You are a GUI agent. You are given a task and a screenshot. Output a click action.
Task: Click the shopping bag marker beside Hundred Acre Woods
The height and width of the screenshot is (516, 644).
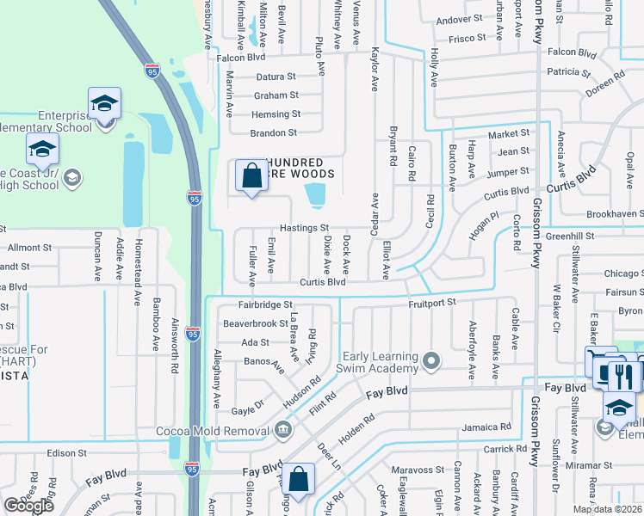(251, 176)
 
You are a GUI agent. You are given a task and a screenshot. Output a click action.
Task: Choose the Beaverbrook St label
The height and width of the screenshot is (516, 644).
(255, 323)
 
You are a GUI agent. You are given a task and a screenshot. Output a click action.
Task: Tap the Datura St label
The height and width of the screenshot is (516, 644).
(276, 77)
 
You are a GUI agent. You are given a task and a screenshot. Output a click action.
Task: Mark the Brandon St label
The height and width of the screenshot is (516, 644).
(273, 132)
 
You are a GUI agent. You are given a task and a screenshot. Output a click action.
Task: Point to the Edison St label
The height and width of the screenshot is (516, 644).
(68, 452)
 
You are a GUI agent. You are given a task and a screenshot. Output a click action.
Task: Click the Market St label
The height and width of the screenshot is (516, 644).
(509, 134)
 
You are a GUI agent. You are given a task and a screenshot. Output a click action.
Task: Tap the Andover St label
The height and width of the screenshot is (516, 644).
(459, 19)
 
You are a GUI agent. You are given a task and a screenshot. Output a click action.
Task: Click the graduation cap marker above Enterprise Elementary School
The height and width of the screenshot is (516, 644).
(104, 104)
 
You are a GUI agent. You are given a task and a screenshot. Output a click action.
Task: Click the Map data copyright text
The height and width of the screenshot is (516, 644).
(608, 509)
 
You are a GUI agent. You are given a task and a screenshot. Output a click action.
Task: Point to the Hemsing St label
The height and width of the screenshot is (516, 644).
(276, 114)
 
